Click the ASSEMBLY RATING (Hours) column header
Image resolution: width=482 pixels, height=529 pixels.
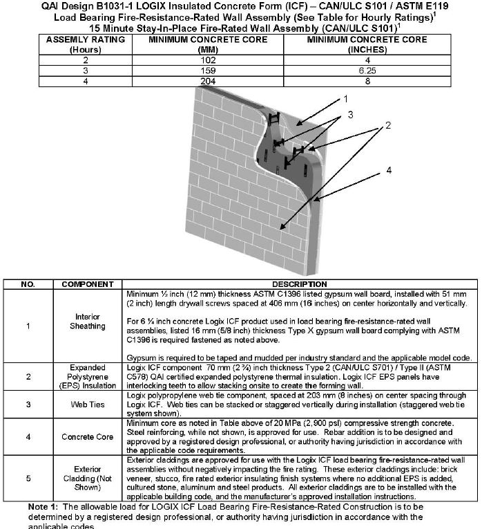click(86, 45)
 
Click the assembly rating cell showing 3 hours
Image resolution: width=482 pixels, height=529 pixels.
click(86, 71)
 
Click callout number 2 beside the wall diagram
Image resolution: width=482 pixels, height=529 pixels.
click(388, 125)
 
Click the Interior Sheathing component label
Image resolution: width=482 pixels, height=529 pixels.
click(88, 322)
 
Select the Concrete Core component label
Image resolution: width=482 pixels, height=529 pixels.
click(88, 436)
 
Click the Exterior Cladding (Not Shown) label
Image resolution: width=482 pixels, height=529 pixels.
click(88, 478)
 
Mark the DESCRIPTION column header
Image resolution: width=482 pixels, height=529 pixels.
click(299, 284)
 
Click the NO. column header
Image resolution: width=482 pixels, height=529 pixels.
click(27, 284)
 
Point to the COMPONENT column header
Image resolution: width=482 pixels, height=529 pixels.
click(88, 284)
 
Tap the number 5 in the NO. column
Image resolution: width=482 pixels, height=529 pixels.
click(27, 478)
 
